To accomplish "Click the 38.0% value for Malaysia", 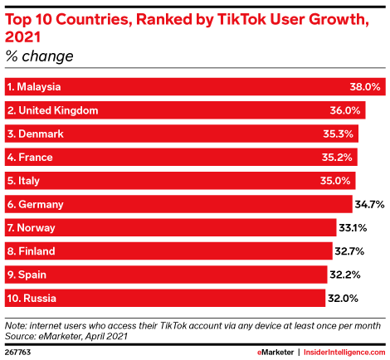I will (365, 86).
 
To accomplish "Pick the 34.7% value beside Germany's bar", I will (370, 204).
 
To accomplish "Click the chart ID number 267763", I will (19, 351).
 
